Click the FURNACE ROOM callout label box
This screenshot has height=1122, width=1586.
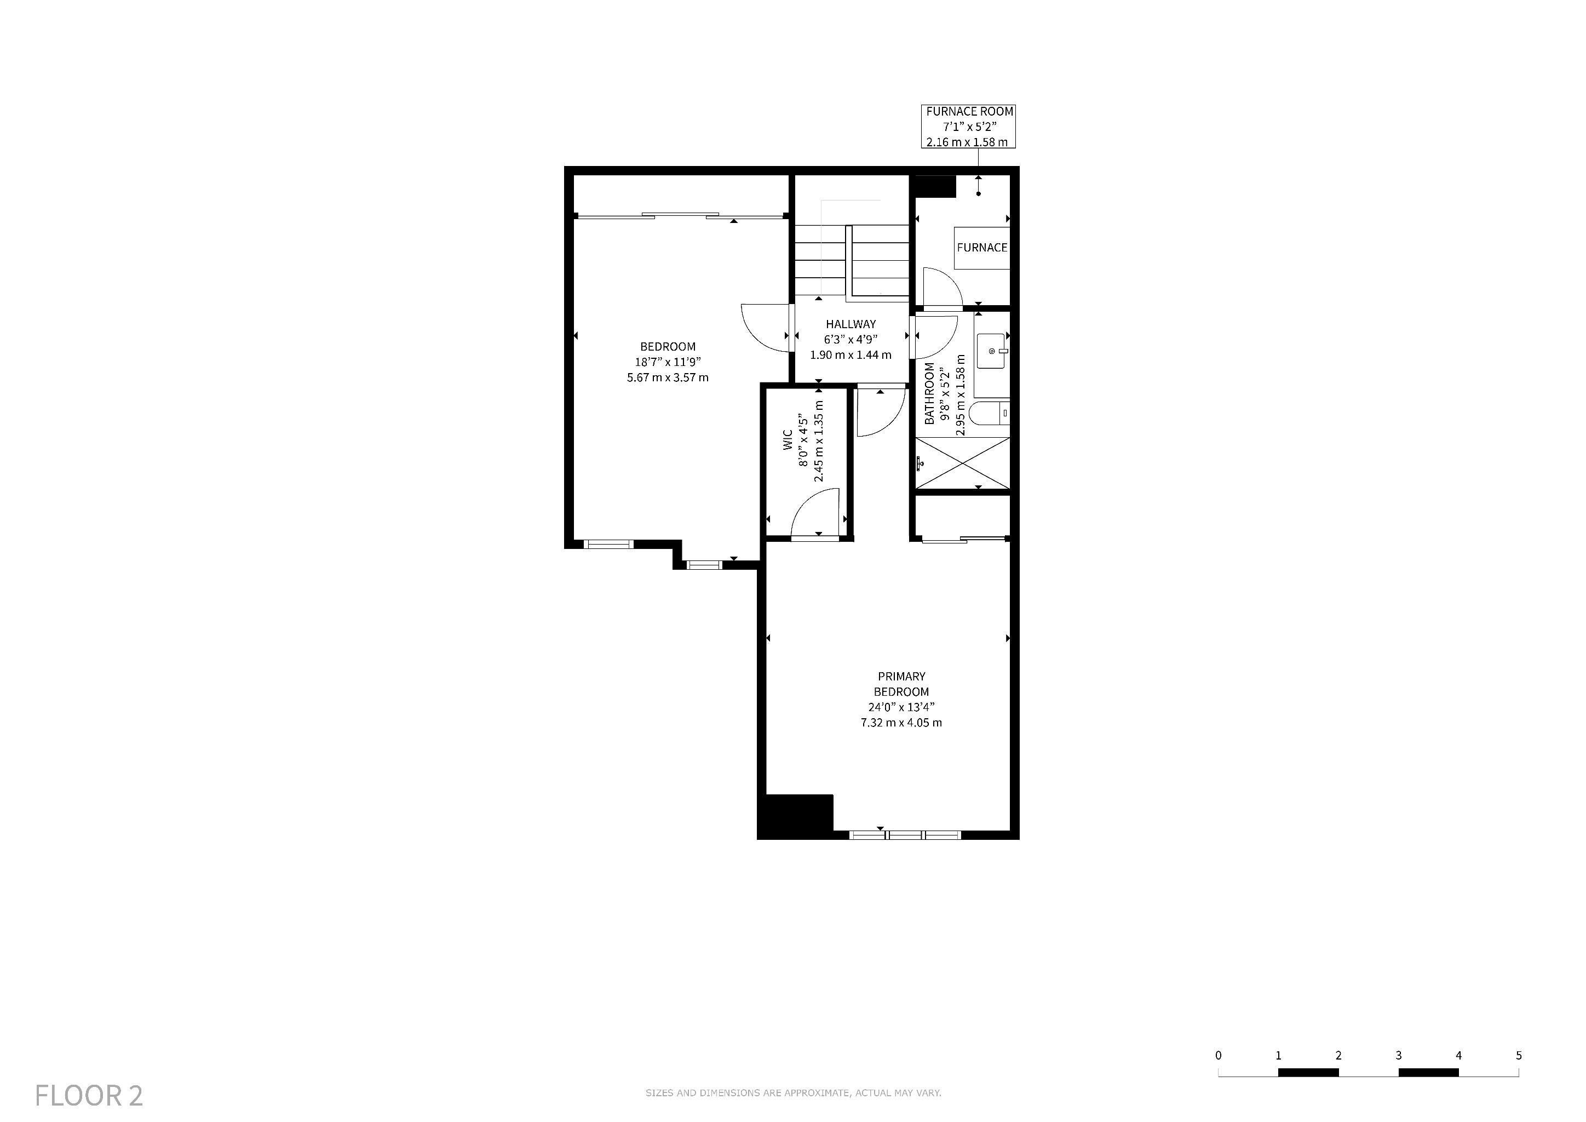click(968, 127)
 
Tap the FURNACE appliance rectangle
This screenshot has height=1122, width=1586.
click(981, 247)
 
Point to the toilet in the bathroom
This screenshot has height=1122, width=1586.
click(989, 413)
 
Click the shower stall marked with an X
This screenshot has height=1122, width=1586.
click(962, 463)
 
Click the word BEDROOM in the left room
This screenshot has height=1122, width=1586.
click(667, 347)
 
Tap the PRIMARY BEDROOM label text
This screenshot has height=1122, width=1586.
click(901, 684)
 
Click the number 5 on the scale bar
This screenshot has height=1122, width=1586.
click(1518, 1056)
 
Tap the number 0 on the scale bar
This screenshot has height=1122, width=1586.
click(1218, 1056)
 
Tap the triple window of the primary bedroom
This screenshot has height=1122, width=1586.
click(904, 835)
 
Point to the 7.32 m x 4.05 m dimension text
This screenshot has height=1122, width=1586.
click(901, 723)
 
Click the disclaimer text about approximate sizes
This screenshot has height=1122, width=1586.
click(793, 1093)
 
